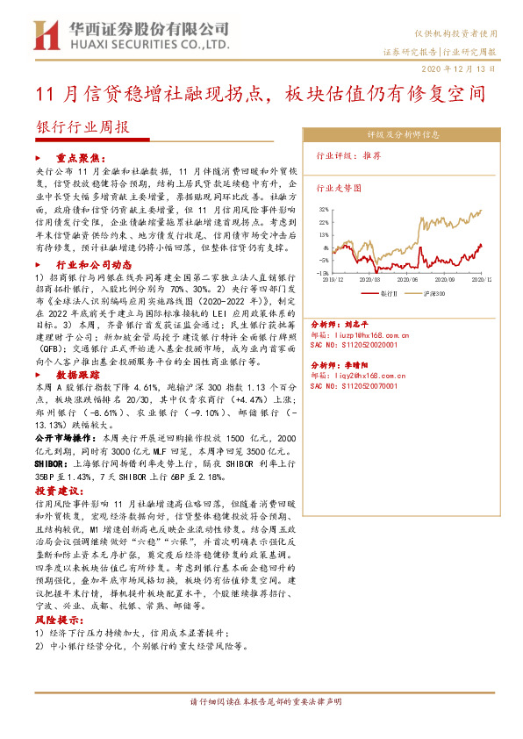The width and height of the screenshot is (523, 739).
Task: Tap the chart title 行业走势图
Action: (338, 188)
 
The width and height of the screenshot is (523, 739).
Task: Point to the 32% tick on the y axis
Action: (324, 210)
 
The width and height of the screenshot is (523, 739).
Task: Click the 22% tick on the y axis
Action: (324, 223)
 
